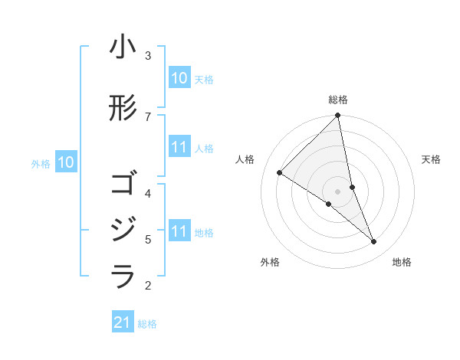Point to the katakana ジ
coord(123,231)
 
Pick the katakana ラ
coord(123,277)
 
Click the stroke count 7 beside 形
coord(148,116)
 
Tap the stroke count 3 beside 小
coord(148,56)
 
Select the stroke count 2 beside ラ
coord(148,286)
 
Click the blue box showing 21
coord(123,322)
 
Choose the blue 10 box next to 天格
coord(179,78)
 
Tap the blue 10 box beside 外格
coord(65,162)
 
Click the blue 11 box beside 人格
coord(179,148)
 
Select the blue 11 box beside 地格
coord(179,231)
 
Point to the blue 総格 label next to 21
coord(147,324)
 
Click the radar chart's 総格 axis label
coord(338,100)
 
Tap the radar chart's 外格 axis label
coord(270,262)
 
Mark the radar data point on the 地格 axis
coord(374,242)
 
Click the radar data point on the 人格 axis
coord(280,173)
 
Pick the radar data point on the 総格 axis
coord(338,116)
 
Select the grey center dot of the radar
coord(338,191)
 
